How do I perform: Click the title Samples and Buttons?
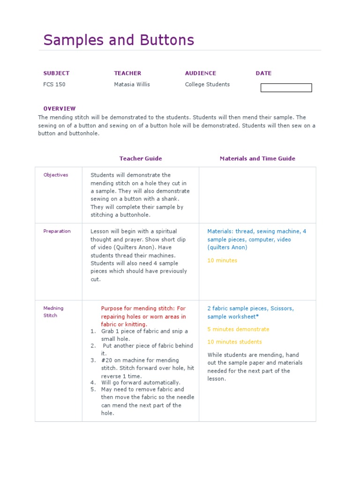(x=119, y=40)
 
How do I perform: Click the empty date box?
(x=286, y=88)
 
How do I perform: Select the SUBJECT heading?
(x=56, y=73)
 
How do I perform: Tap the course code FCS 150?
(x=54, y=84)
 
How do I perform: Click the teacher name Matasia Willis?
(x=132, y=84)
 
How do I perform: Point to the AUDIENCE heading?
(x=201, y=73)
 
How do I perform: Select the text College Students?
(x=207, y=84)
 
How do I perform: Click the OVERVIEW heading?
(x=60, y=108)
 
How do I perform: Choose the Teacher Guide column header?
(x=141, y=158)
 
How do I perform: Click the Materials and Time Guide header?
(x=257, y=158)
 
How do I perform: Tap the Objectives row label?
(x=56, y=175)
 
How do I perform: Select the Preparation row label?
(x=57, y=231)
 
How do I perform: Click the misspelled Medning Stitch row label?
(x=53, y=312)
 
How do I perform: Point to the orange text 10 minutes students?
(x=234, y=342)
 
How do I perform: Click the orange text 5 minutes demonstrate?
(x=238, y=329)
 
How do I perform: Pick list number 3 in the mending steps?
(x=93, y=360)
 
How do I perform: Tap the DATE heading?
(x=263, y=73)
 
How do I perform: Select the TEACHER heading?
(x=127, y=73)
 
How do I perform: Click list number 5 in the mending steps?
(x=93, y=389)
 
